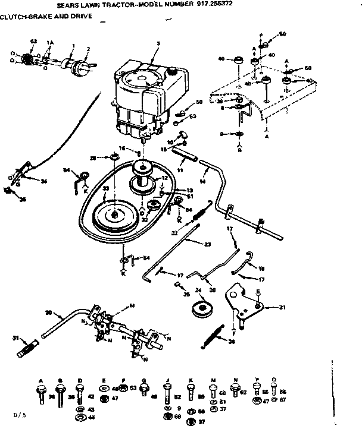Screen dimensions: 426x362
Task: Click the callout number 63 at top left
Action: (x=33, y=41)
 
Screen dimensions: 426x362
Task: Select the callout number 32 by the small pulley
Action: (x=144, y=219)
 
